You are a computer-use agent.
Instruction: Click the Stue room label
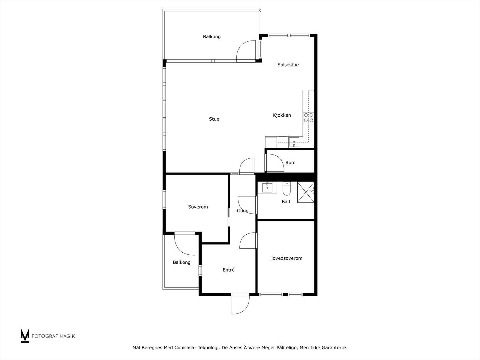pos(214,119)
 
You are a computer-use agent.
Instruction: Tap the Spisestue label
pos(288,65)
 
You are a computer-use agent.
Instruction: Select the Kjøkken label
pos(282,115)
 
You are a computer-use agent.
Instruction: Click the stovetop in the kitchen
pos(308,117)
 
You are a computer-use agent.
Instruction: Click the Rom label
pos(290,163)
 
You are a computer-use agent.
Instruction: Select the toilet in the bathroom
pos(286,188)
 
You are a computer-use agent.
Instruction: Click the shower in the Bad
pos(306,192)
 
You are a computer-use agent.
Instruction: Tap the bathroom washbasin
pos(267,188)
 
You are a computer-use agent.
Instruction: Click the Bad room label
pos(286,202)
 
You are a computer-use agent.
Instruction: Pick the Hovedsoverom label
pos(286,258)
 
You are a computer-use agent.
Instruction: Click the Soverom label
pos(198,207)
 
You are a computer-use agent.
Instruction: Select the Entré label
pos(229,270)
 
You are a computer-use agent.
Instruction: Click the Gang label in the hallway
pos(242,211)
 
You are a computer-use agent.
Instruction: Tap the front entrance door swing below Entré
pos(240,304)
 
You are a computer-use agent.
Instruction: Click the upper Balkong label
pos(211,37)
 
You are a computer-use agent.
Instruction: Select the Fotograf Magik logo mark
pos(25,335)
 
